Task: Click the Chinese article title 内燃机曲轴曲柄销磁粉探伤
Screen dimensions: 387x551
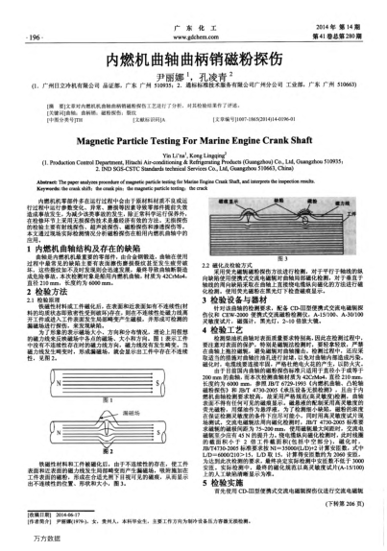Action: (x=193, y=59)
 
